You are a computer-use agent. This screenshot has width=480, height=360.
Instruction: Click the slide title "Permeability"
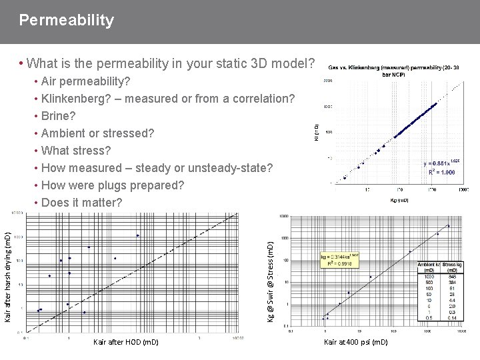point(67,21)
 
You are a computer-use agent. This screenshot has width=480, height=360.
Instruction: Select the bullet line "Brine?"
point(63,116)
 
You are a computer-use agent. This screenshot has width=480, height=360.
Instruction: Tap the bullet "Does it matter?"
point(81,202)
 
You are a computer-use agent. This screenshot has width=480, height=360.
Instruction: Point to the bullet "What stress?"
point(75,150)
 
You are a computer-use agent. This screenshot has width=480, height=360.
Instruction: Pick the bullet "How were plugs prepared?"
point(112,185)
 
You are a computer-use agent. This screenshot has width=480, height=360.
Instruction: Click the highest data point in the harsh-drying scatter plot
point(137,235)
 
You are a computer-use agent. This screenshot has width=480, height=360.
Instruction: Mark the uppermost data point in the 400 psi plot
point(448,227)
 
